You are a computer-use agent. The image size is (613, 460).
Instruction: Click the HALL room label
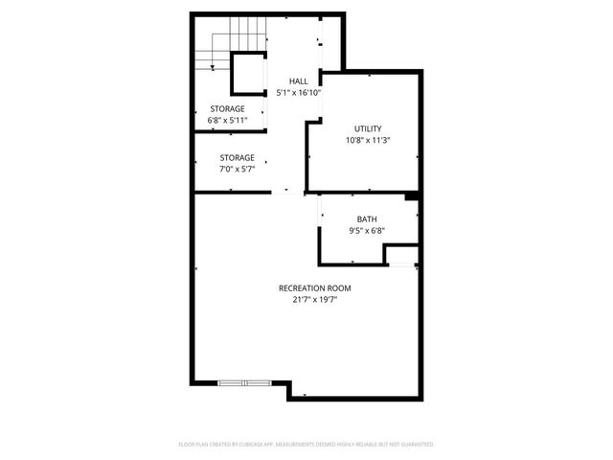click(x=298, y=81)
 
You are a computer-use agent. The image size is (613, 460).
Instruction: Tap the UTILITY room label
click(x=368, y=128)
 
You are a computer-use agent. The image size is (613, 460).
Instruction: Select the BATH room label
click(x=367, y=218)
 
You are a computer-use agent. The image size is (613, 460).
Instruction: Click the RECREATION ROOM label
click(x=315, y=288)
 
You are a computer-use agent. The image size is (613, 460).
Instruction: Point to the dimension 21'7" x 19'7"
click(x=315, y=300)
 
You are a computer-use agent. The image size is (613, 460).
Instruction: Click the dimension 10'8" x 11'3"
click(x=368, y=140)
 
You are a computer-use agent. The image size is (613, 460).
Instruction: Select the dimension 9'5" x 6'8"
click(x=367, y=230)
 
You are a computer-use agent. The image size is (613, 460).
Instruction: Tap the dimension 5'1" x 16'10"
click(x=298, y=93)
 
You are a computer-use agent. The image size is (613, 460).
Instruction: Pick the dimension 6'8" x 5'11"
click(x=228, y=121)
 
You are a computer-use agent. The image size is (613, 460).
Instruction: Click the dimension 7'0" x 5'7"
click(x=237, y=169)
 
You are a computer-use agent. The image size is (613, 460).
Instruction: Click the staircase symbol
click(x=212, y=52)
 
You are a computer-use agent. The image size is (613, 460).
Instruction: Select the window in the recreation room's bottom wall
click(x=245, y=383)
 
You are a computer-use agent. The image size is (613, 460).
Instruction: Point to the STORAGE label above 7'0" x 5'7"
click(x=237, y=157)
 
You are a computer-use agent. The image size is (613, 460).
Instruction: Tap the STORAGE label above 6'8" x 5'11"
click(x=228, y=109)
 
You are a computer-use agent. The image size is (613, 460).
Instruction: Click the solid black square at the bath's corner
click(x=411, y=196)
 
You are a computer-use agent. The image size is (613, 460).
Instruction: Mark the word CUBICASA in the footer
click(x=264, y=445)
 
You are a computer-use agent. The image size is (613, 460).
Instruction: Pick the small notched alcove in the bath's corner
click(x=400, y=254)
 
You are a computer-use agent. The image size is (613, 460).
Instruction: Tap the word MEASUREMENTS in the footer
click(x=308, y=445)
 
